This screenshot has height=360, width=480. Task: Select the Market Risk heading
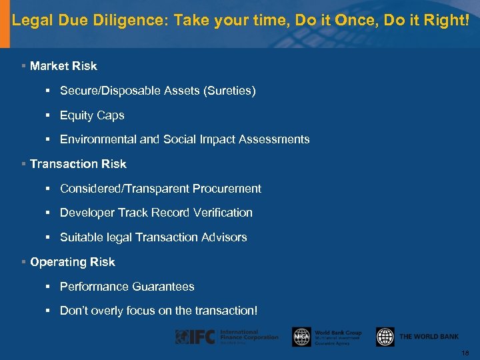pyautogui.click(x=63, y=66)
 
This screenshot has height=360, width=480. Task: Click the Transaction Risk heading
pyautogui.click(x=78, y=164)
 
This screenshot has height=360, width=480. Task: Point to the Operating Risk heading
pyautogui.click(x=73, y=262)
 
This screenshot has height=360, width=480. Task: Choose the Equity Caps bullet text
pyautogui.click(x=92, y=115)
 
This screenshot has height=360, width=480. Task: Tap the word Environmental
pyautogui.click(x=98, y=139)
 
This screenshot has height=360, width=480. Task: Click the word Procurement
pyautogui.click(x=227, y=189)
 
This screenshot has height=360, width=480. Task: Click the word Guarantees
pyautogui.click(x=163, y=287)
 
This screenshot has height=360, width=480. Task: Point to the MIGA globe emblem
pyautogui.click(x=301, y=337)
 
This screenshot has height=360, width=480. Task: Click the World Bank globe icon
pyautogui.click(x=385, y=337)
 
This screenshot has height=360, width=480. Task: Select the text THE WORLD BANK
pyautogui.click(x=429, y=337)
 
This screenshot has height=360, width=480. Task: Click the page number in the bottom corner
pyautogui.click(x=465, y=352)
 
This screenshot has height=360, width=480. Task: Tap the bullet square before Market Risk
pyautogui.click(x=23, y=66)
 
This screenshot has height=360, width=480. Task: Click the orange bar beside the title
pyautogui.click(x=5, y=23)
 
